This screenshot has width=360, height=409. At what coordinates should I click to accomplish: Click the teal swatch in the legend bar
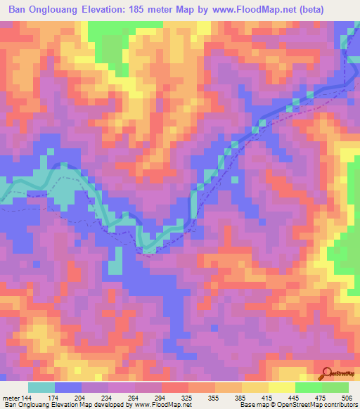coord(41,387)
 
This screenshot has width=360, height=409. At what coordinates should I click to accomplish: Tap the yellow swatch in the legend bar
coord(281,387)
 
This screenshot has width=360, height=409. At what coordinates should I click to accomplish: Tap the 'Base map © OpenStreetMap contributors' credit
coord(298,404)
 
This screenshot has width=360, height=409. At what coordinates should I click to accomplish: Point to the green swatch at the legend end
coord(335,387)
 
